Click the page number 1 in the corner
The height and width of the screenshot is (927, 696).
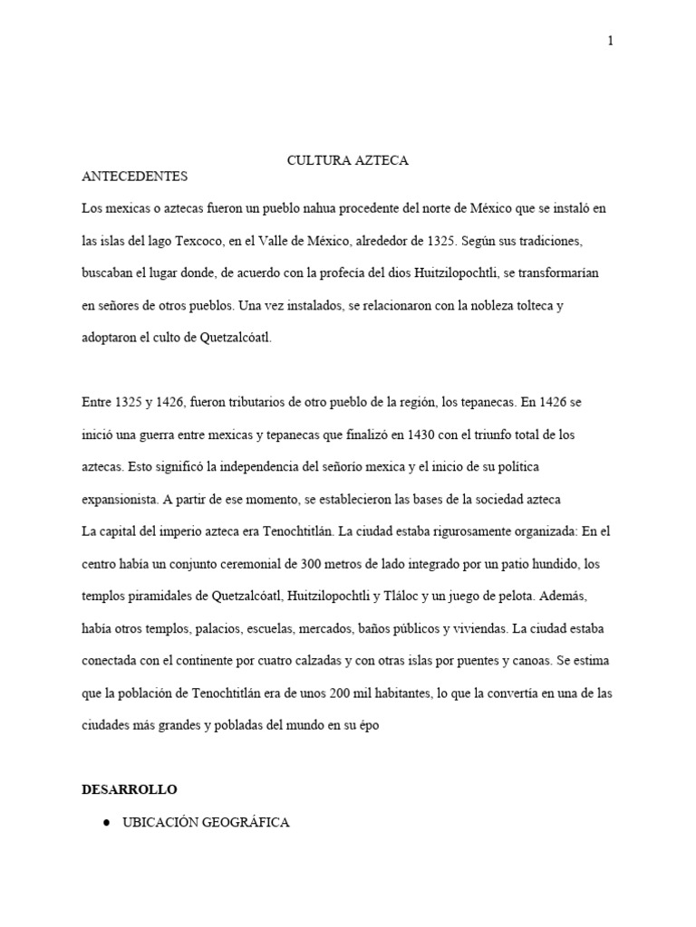click(611, 41)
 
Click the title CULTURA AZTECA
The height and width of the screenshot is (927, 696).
click(348, 160)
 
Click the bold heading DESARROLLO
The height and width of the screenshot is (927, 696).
click(129, 790)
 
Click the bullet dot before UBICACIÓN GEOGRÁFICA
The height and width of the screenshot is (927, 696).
click(107, 823)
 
